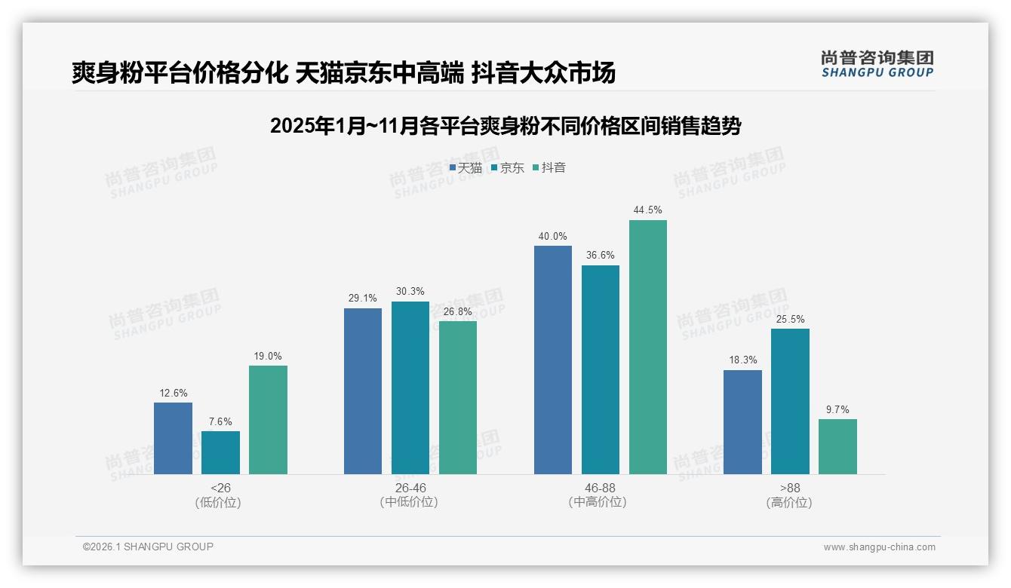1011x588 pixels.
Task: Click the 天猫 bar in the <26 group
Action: coord(173,438)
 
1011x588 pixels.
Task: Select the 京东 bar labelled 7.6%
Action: coord(220,452)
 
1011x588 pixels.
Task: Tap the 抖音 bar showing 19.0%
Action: coord(268,420)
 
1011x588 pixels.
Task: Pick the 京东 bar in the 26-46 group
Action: coord(410,387)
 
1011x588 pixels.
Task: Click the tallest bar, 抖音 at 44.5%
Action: coord(648,347)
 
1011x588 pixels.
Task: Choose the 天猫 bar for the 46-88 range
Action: coord(553,360)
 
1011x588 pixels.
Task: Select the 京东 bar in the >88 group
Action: coord(790,401)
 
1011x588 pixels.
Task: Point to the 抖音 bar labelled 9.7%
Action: coord(837,446)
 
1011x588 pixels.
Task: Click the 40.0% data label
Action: coord(552,237)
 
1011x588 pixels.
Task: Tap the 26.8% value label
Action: coord(458,311)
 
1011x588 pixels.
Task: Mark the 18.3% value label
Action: coord(742,360)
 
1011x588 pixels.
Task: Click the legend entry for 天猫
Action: coord(466,168)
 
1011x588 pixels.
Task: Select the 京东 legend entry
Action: coord(508,168)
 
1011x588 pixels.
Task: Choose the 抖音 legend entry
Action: coord(549,168)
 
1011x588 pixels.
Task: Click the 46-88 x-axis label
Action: coord(600,488)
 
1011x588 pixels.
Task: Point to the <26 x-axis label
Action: coord(220,488)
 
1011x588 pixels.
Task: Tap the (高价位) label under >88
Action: coord(789,503)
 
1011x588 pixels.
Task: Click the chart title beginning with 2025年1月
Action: coord(505,126)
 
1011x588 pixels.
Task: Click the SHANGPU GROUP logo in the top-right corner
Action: coord(877,64)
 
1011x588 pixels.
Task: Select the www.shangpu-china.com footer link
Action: coord(879,547)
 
